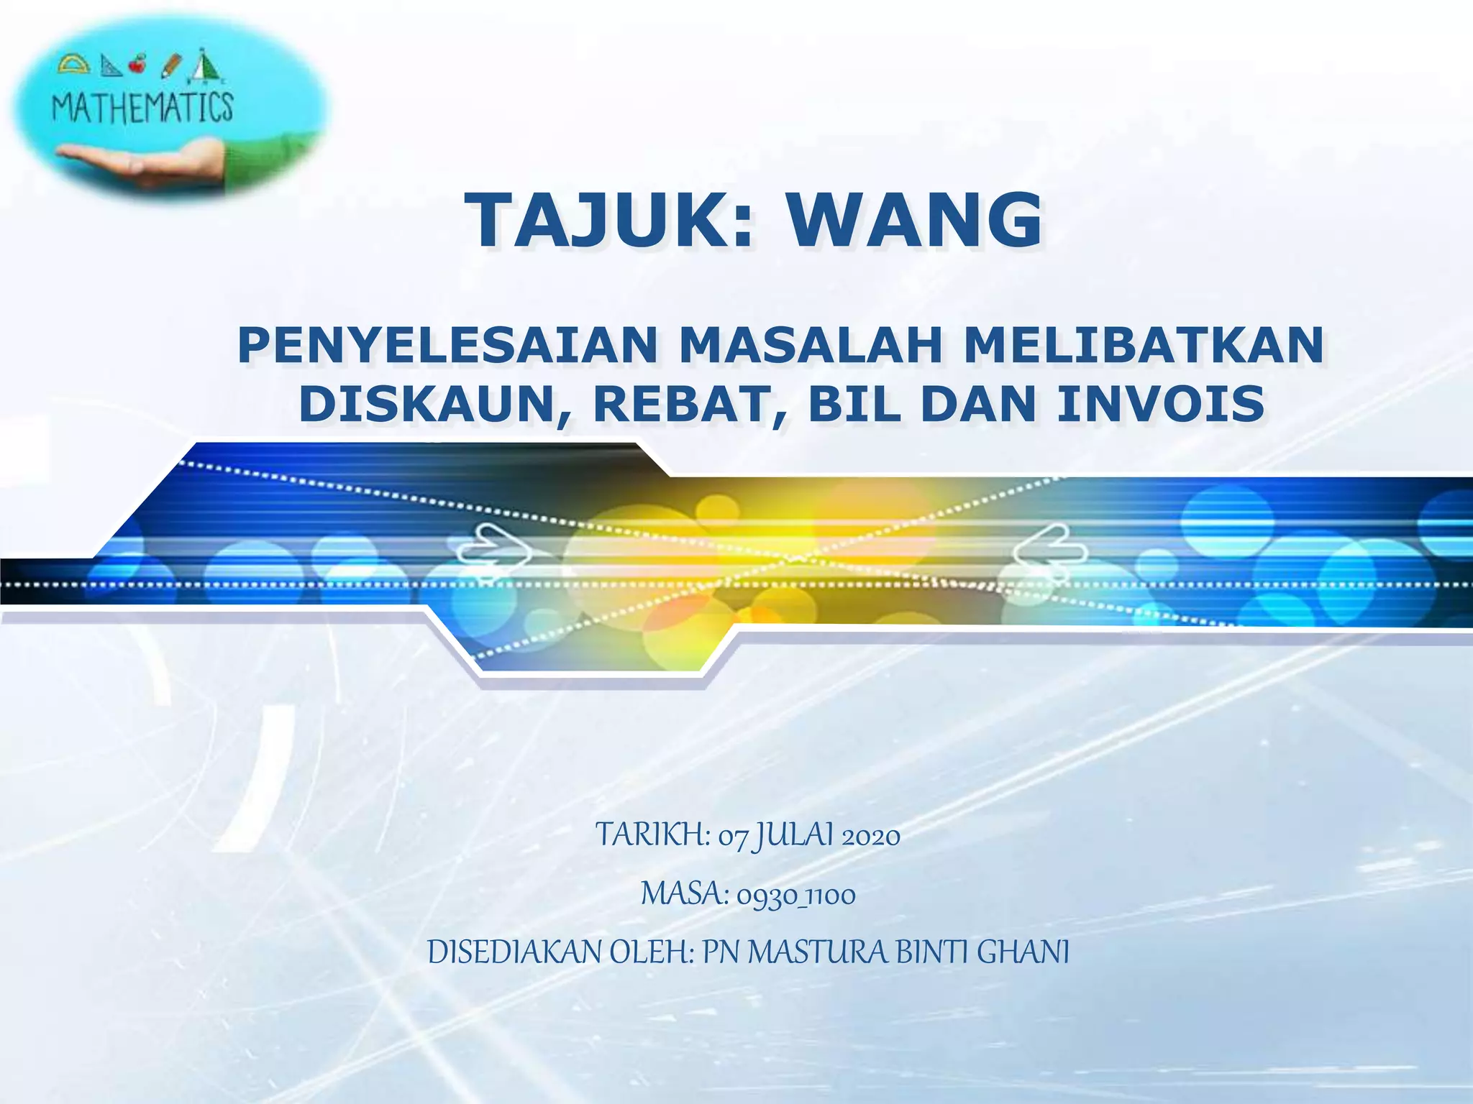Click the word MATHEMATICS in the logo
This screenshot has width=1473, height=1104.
click(142, 108)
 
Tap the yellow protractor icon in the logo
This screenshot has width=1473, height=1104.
click(74, 65)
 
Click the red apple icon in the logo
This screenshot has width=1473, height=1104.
click(137, 65)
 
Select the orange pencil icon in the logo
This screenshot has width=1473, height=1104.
click(172, 66)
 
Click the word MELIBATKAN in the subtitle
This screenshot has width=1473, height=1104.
click(1144, 346)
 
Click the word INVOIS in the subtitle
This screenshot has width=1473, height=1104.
click(1161, 404)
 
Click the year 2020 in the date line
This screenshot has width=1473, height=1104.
click(870, 837)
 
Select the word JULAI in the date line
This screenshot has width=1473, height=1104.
click(793, 836)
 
